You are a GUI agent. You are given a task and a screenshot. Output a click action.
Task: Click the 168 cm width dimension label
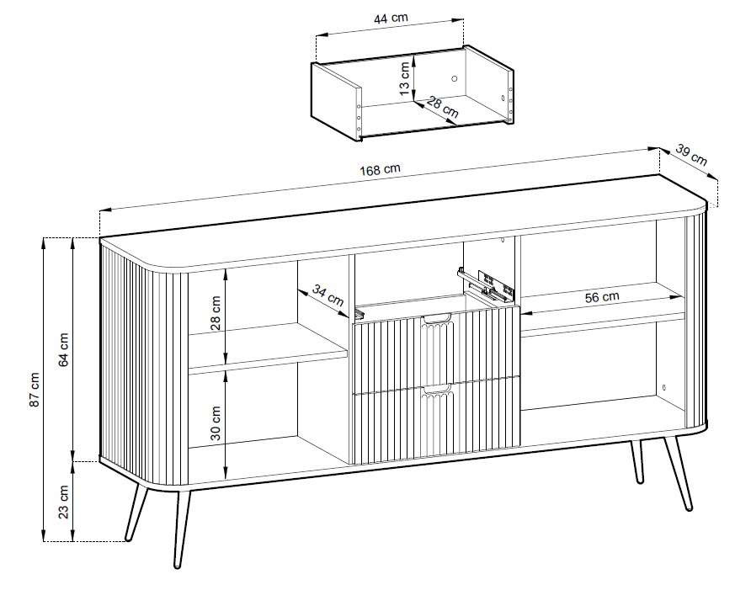(380, 169)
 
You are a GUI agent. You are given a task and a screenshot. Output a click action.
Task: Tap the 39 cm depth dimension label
(691, 154)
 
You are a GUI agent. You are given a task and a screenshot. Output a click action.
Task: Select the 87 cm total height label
(35, 390)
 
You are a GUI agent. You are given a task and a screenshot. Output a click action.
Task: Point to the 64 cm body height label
(64, 349)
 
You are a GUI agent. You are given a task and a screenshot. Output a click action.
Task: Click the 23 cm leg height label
(64, 502)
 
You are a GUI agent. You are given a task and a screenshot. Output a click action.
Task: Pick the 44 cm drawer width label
(391, 19)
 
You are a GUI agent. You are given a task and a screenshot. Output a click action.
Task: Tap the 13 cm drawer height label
(405, 78)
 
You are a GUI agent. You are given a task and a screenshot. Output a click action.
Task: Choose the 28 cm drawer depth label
(443, 108)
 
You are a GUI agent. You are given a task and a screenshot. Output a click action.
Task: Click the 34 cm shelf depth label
(328, 295)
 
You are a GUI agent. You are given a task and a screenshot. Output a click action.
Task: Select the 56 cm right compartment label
(602, 297)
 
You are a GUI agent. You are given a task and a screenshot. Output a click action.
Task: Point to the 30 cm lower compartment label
(216, 423)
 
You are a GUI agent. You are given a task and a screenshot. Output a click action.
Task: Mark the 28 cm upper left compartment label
(216, 313)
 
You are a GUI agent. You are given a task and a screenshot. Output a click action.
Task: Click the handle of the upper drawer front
(436, 317)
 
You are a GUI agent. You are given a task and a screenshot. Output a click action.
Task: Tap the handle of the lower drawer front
(436, 388)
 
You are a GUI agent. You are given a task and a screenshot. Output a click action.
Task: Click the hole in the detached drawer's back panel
(455, 78)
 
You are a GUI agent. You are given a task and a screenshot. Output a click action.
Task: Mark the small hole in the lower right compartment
(663, 387)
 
